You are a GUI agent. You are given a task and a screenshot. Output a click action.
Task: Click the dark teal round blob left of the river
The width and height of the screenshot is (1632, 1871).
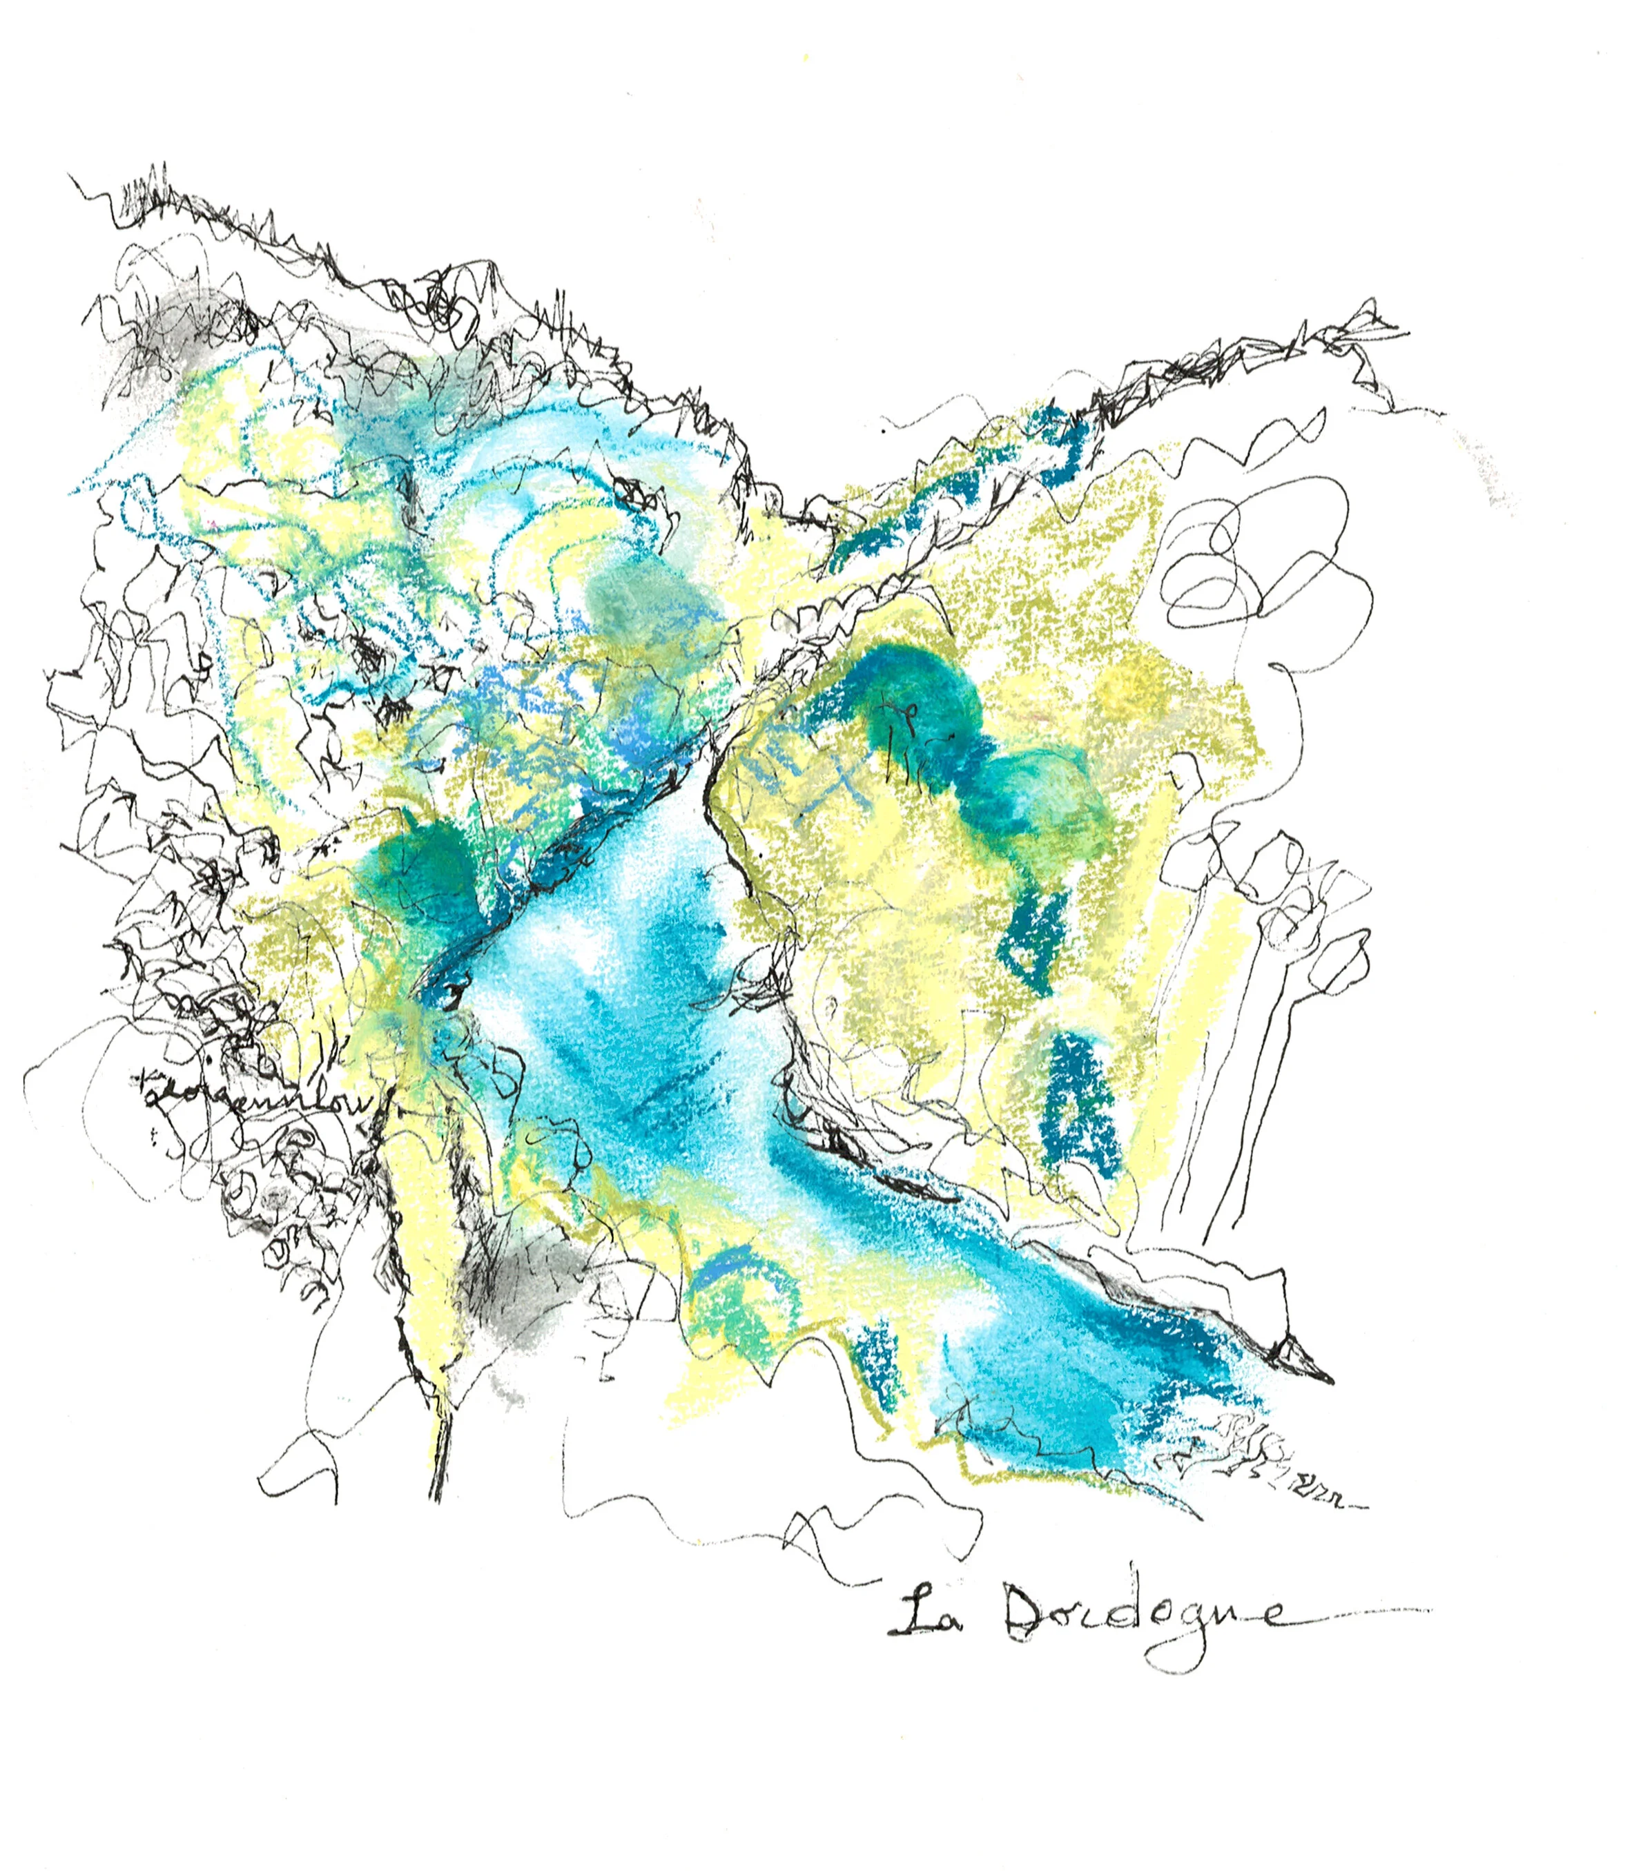click(x=423, y=870)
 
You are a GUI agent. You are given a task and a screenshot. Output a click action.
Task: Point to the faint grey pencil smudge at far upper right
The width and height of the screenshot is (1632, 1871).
click(x=1493, y=474)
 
